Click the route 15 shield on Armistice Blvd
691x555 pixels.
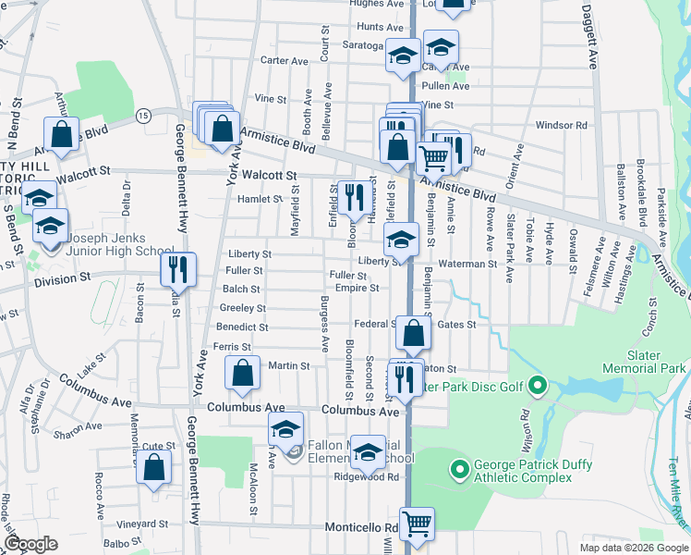pos(142,115)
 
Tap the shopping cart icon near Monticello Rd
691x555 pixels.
pos(417,523)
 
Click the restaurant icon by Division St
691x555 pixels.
pos(178,268)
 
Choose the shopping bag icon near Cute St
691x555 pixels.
pos(154,467)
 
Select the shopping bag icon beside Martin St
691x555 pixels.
pos(242,373)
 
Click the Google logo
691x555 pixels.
pos(30,543)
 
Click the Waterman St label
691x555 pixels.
pos(467,264)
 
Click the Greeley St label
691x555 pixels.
pos(242,308)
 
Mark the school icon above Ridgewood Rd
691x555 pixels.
pos(368,451)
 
